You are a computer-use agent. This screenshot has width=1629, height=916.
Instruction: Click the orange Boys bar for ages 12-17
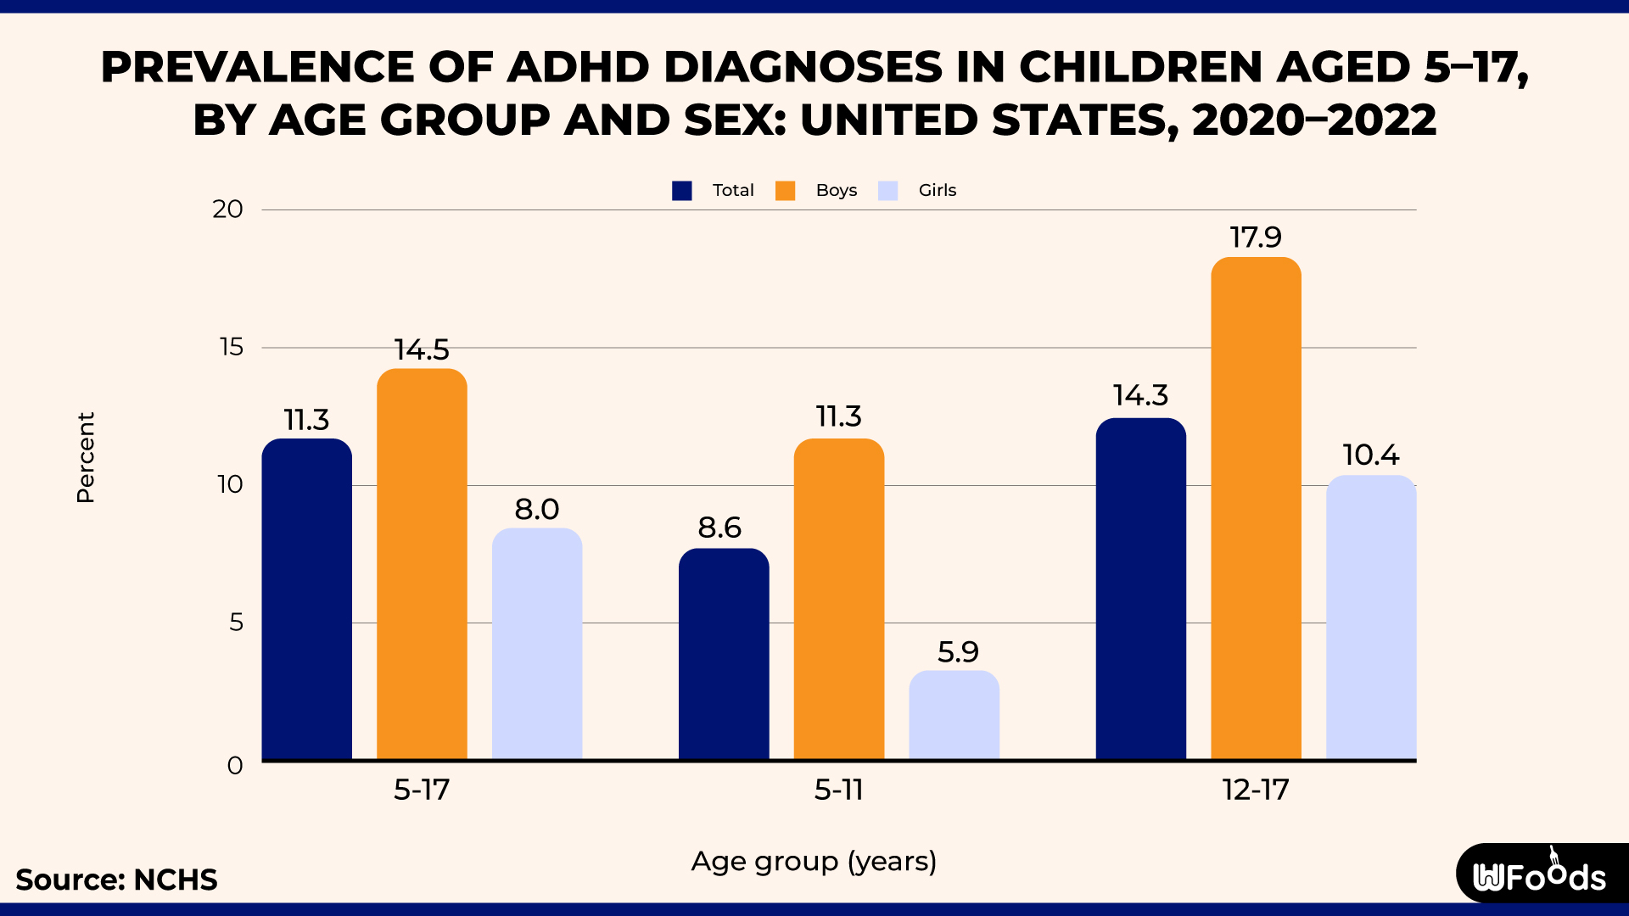(x=1256, y=509)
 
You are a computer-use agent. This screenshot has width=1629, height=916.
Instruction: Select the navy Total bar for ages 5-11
(x=724, y=654)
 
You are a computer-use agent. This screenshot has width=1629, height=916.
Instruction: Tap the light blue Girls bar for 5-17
(x=537, y=644)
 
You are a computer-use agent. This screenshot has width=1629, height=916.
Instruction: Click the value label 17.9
(x=1256, y=237)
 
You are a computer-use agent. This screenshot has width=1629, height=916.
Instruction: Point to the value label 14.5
(x=422, y=349)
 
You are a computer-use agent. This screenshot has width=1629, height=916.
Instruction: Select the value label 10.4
(x=1370, y=455)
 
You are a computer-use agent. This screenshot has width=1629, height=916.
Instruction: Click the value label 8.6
(x=719, y=528)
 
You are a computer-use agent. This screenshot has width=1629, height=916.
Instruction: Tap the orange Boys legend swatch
(x=786, y=191)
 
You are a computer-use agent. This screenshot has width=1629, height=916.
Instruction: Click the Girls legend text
(x=937, y=191)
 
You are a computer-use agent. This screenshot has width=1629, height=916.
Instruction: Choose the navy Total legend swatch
(x=682, y=191)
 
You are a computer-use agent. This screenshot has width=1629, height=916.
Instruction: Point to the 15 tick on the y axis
(x=231, y=347)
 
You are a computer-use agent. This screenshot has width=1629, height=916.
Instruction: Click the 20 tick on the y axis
(x=227, y=209)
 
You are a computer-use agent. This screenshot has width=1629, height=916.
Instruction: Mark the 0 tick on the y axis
(x=235, y=766)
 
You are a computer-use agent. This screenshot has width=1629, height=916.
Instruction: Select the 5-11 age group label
(x=838, y=790)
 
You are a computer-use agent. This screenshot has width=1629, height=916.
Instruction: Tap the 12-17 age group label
(x=1256, y=790)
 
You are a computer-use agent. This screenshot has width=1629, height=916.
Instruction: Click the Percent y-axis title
(x=86, y=458)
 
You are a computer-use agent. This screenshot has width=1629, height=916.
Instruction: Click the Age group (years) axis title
(x=814, y=862)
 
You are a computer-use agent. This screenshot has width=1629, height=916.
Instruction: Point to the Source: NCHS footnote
(x=116, y=880)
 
